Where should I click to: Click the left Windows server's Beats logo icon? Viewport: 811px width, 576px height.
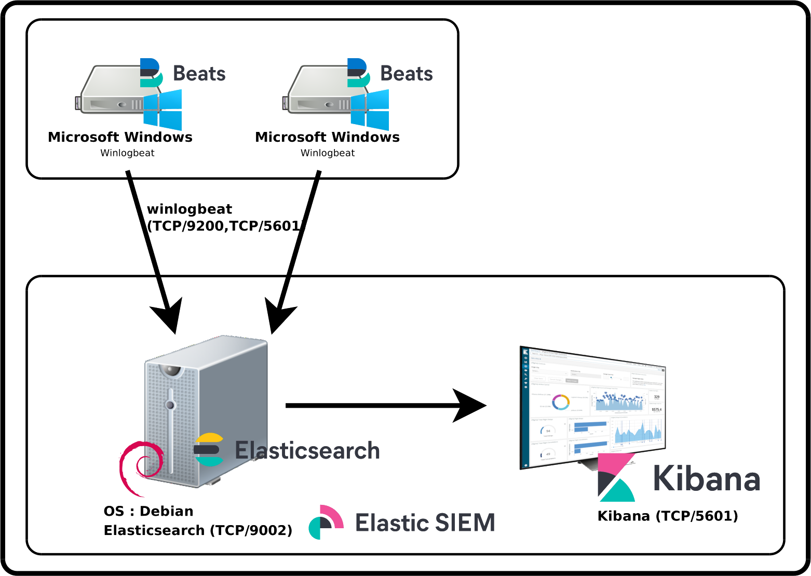coord(152,73)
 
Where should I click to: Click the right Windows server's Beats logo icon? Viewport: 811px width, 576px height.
coord(358,73)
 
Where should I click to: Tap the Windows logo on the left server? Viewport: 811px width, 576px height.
coord(163,110)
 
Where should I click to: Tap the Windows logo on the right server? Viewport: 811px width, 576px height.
coord(370,110)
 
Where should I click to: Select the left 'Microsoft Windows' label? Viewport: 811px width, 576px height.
coord(121,138)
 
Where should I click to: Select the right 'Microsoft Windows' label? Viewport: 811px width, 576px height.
coord(328,138)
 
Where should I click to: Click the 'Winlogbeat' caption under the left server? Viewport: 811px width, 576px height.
coord(128,153)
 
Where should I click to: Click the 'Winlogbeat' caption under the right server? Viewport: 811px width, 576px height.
coord(328,153)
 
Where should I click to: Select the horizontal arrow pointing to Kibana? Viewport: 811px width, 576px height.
coord(384,406)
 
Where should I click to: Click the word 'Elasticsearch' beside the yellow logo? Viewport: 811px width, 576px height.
coord(307,450)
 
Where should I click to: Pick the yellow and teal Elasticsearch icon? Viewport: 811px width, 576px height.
coord(209,450)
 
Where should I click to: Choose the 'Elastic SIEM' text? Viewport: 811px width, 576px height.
coord(425,523)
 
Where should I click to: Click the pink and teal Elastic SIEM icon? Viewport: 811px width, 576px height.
coord(326,522)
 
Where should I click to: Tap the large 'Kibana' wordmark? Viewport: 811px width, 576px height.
coord(706,478)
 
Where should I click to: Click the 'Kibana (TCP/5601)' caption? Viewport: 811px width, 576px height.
coord(668,516)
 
